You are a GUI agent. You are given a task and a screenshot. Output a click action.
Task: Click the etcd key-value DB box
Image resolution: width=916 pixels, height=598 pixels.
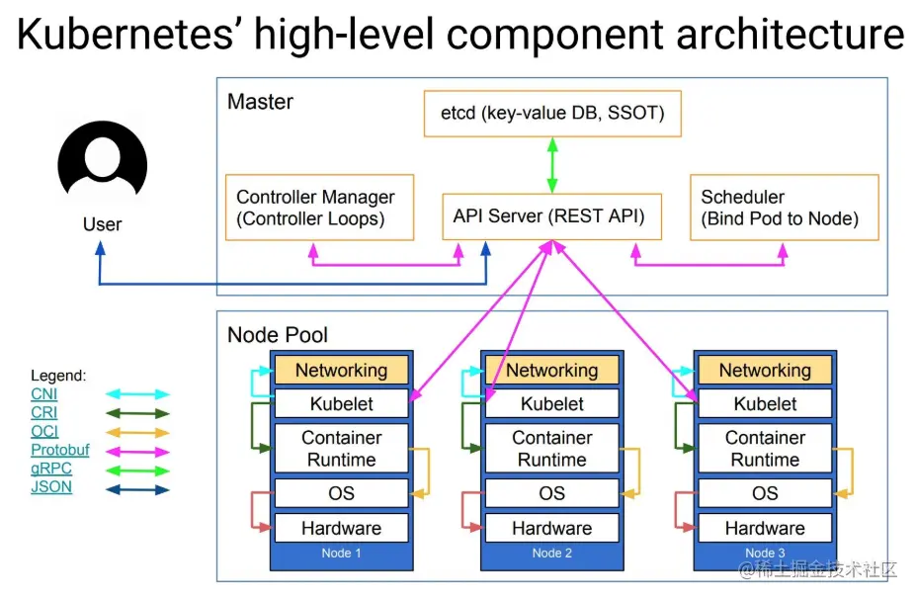(552, 114)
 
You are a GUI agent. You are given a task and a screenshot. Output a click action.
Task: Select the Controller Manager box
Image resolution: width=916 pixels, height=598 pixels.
(318, 208)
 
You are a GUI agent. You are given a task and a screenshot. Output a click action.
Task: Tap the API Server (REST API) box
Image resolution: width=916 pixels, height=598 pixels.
(549, 215)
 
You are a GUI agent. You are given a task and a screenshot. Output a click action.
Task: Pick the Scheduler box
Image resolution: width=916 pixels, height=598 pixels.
(784, 208)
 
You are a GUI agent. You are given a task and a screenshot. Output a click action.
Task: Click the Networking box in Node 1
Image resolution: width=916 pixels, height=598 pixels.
(341, 371)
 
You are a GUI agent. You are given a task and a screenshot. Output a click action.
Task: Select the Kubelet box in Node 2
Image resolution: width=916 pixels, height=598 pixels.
(551, 403)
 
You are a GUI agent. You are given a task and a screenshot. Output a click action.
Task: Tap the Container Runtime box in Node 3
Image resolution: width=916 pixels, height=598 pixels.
(765, 448)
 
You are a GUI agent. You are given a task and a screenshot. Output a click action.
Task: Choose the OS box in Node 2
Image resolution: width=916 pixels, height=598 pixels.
(551, 493)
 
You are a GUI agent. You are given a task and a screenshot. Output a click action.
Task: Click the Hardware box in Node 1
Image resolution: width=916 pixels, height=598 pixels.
(341, 528)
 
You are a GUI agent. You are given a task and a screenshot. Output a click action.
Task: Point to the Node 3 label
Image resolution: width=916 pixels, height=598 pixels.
(765, 554)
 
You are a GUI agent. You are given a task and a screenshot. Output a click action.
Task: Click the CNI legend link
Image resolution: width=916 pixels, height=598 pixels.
(44, 394)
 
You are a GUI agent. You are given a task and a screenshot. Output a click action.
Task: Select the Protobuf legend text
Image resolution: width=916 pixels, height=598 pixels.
(59, 450)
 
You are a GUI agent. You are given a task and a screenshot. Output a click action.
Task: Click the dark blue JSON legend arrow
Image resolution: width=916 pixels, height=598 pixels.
(137, 488)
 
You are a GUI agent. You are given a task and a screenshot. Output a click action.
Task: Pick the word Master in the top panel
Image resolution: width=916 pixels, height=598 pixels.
(260, 102)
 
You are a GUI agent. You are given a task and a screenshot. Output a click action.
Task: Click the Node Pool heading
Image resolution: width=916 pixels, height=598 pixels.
(278, 334)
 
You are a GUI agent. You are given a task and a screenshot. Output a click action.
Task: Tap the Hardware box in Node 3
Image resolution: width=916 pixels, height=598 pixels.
(765, 528)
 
